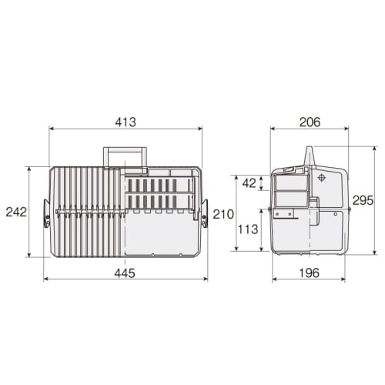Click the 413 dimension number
tap(126, 121)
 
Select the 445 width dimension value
tap(126, 272)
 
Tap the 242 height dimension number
tap(14, 211)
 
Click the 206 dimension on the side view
tap(310, 121)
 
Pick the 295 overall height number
tap(363, 200)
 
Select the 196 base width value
tap(310, 272)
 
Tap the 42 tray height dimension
tap(249, 183)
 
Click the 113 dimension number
tap(246, 228)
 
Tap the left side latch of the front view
tap(47, 213)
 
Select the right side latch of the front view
tap(205, 213)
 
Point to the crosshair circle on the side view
tap(322, 177)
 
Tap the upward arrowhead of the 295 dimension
tap(376, 149)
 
